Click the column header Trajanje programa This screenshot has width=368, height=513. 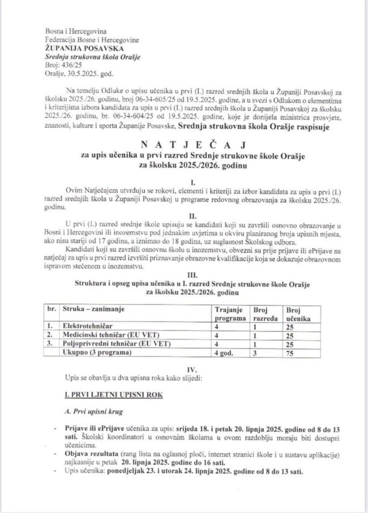230,314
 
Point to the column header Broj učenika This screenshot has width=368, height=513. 297,314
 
